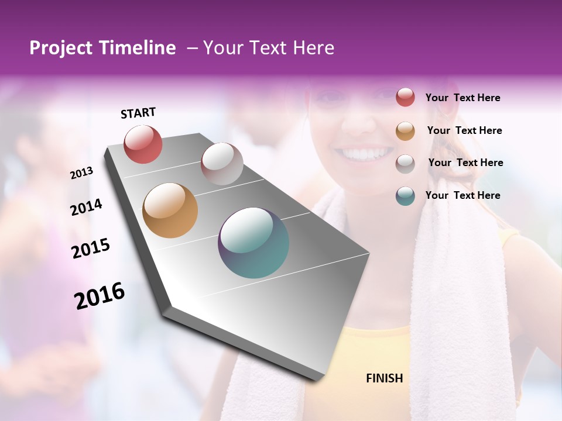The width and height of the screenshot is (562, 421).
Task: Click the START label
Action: coord(138,113)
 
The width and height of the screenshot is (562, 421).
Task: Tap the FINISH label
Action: coord(385,378)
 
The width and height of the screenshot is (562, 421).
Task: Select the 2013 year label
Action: coord(82,173)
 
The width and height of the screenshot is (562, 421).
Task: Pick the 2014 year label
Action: coord(86,207)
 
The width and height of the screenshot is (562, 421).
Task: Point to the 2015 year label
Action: coord(91,249)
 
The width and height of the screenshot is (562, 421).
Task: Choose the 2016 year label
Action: coord(100,295)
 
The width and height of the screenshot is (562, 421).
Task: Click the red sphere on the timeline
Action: coord(143,144)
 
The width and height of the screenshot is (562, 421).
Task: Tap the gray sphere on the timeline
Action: coord(222,164)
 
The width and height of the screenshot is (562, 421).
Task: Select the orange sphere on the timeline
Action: coord(170,210)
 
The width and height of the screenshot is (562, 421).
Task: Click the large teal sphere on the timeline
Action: coord(253,243)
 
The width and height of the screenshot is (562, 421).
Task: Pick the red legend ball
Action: coord(405,97)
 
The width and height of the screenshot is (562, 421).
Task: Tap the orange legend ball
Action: coord(405,131)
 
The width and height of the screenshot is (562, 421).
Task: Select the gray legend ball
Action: coord(405,164)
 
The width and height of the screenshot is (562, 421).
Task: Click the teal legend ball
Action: coord(405,196)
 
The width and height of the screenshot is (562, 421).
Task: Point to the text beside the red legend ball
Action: coord(462,98)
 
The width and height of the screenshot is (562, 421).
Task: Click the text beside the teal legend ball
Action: coord(462,195)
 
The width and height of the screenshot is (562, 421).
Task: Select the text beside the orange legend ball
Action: coord(464,130)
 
